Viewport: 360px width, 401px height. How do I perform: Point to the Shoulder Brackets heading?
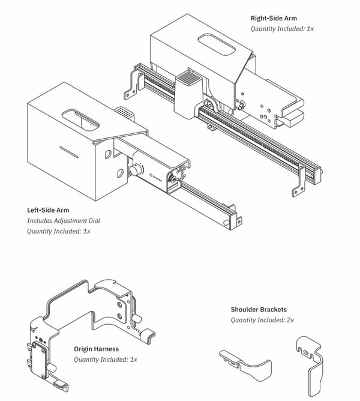(x=259, y=310)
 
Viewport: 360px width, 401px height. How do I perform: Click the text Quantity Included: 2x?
(x=262, y=320)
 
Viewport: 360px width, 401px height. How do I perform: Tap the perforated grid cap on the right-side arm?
(x=189, y=79)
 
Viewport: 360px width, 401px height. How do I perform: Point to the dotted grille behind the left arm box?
(x=124, y=112)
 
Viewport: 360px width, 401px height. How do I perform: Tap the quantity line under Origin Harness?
(x=106, y=360)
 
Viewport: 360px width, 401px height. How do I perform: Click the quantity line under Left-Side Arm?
(x=58, y=231)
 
